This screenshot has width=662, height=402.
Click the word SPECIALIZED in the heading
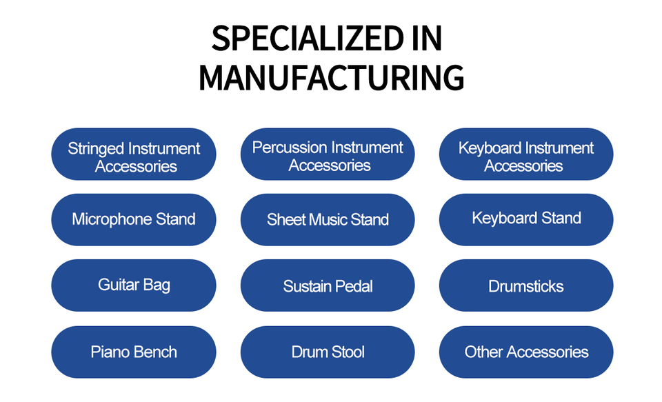pyautogui.click(x=308, y=38)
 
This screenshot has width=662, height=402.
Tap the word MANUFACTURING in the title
pyautogui.click(x=332, y=77)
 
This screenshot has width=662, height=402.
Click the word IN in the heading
pyautogui.click(x=427, y=38)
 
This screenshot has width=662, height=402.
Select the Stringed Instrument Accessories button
pyautogui.click(x=134, y=154)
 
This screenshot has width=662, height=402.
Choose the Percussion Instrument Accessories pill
pyautogui.click(x=328, y=154)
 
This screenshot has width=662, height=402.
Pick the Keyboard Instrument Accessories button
pyautogui.click(x=526, y=154)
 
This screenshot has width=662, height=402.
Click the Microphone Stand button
pyautogui.click(x=134, y=219)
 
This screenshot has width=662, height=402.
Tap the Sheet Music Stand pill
pyautogui.click(x=328, y=219)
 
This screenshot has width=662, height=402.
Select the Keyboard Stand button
pyautogui.click(x=526, y=219)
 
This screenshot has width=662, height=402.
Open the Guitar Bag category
pyautogui.click(x=134, y=285)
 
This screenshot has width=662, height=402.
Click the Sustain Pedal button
pyautogui.click(x=328, y=285)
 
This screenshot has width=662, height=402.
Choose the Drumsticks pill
pyautogui.click(x=526, y=285)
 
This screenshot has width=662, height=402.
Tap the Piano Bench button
pyautogui.click(x=134, y=352)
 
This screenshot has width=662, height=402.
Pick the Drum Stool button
pyautogui.click(x=328, y=352)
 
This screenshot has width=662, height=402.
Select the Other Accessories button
pyautogui.click(x=526, y=352)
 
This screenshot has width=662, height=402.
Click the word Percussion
pyautogui.click(x=290, y=148)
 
